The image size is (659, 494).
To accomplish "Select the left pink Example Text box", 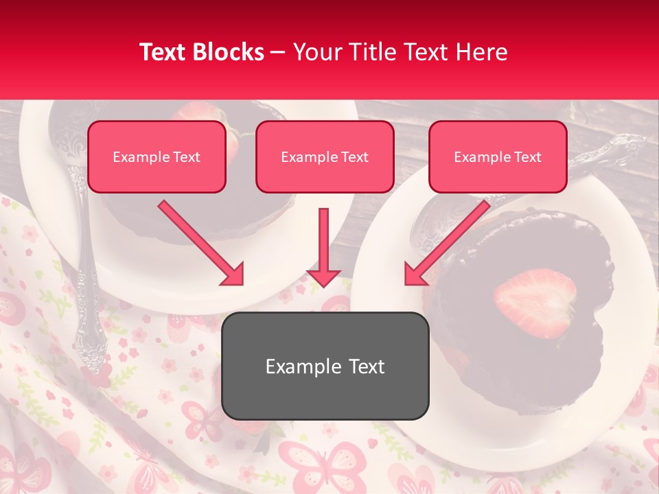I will pos(157,157).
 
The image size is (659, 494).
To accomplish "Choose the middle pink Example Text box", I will pos(325,157).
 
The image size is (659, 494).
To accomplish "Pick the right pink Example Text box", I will pos(498,157).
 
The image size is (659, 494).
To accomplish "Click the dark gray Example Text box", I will pos(325,366).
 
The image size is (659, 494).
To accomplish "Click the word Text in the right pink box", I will pos(528,157).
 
